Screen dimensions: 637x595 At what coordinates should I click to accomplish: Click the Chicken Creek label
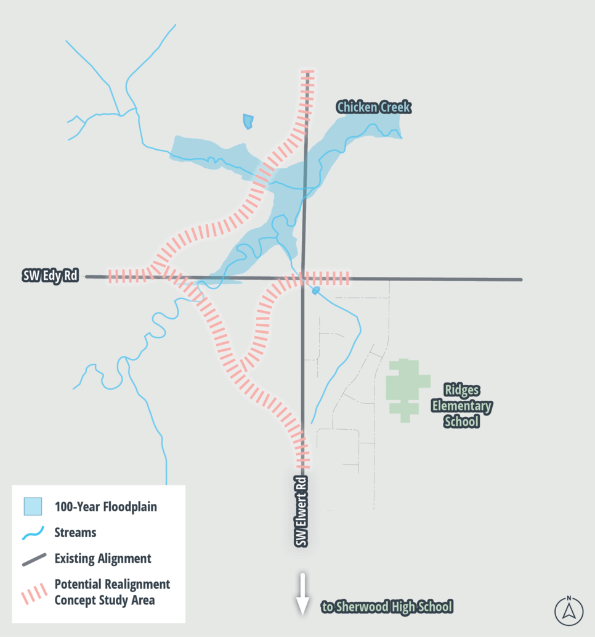click(373, 108)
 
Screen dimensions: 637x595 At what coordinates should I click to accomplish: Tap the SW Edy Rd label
click(51, 276)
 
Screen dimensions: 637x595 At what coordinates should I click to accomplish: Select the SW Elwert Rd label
click(301, 511)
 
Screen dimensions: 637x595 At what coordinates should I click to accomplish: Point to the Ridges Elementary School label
click(461, 406)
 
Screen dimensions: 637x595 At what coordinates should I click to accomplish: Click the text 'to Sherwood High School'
click(387, 607)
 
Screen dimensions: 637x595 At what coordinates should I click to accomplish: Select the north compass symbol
click(569, 610)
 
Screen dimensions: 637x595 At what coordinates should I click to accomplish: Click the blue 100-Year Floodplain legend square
click(33, 507)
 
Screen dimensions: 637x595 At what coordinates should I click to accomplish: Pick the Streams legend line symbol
click(33, 533)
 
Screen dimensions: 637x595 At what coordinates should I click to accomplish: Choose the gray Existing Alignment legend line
click(33, 559)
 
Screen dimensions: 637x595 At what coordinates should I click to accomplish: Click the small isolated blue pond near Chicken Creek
click(248, 121)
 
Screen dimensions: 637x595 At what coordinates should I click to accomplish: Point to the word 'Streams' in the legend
click(75, 532)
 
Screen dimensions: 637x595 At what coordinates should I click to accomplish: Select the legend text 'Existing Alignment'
click(103, 559)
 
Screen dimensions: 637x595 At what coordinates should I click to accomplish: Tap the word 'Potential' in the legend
click(77, 584)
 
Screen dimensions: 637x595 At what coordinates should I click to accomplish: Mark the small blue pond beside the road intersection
click(316, 290)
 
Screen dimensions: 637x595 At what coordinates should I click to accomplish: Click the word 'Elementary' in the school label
click(461, 406)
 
